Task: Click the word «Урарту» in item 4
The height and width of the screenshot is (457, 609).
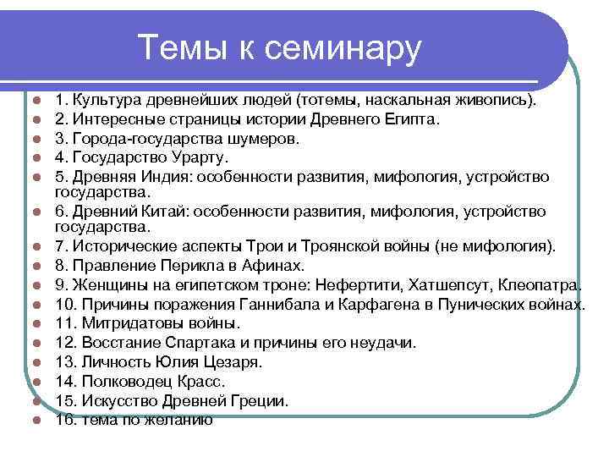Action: click(x=198, y=157)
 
